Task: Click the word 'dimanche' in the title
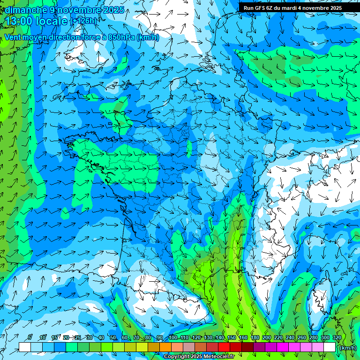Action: [x=26, y=10]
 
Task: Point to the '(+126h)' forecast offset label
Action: [x=83, y=21]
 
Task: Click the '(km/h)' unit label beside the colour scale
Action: [x=347, y=347]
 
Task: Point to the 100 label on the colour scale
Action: [x=172, y=338]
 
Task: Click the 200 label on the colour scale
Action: [x=267, y=338]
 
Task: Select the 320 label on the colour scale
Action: [x=337, y=338]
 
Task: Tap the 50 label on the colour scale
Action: [x=113, y=338]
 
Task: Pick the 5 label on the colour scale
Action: [x=30, y=338]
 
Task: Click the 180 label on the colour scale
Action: [x=255, y=338]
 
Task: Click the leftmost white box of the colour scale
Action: [x=25, y=347]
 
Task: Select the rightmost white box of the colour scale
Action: [x=330, y=347]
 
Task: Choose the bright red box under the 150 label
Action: [x=225, y=347]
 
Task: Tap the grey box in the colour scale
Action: [x=189, y=347]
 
